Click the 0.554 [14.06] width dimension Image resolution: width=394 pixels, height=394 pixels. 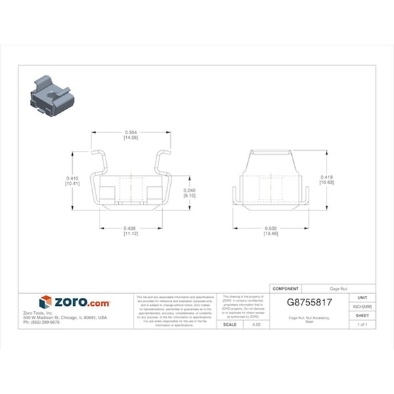pyautogui.click(x=131, y=134)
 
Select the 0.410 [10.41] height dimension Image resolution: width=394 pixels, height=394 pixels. pyautogui.click(x=73, y=180)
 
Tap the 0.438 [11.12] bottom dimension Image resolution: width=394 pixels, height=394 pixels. pyautogui.click(x=131, y=231)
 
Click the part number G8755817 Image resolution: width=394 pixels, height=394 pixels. pyautogui.click(x=309, y=302)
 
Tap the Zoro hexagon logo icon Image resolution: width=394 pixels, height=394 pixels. pyautogui.click(x=45, y=302)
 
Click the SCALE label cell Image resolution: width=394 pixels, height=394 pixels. pyautogui.click(x=229, y=325)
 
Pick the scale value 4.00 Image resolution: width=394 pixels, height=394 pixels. pyautogui.click(x=256, y=325)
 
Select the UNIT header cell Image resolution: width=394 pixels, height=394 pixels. pyautogui.click(x=362, y=297)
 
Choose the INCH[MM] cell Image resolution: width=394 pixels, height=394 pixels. pyautogui.click(x=362, y=307)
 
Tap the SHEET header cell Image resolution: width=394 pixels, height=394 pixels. pyautogui.click(x=362, y=315)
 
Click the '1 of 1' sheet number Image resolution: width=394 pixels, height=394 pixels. pyautogui.click(x=362, y=325)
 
